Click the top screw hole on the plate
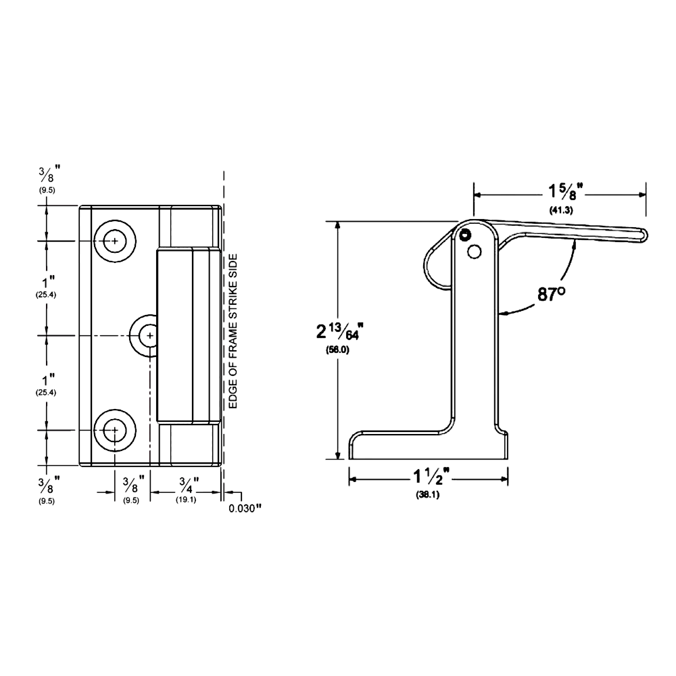click(116, 241)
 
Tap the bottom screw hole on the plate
click(116, 429)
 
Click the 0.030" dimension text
click(244, 508)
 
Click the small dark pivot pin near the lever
click(464, 235)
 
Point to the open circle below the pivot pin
click(474, 251)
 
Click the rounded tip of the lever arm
click(642, 234)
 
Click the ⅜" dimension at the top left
click(47, 176)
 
